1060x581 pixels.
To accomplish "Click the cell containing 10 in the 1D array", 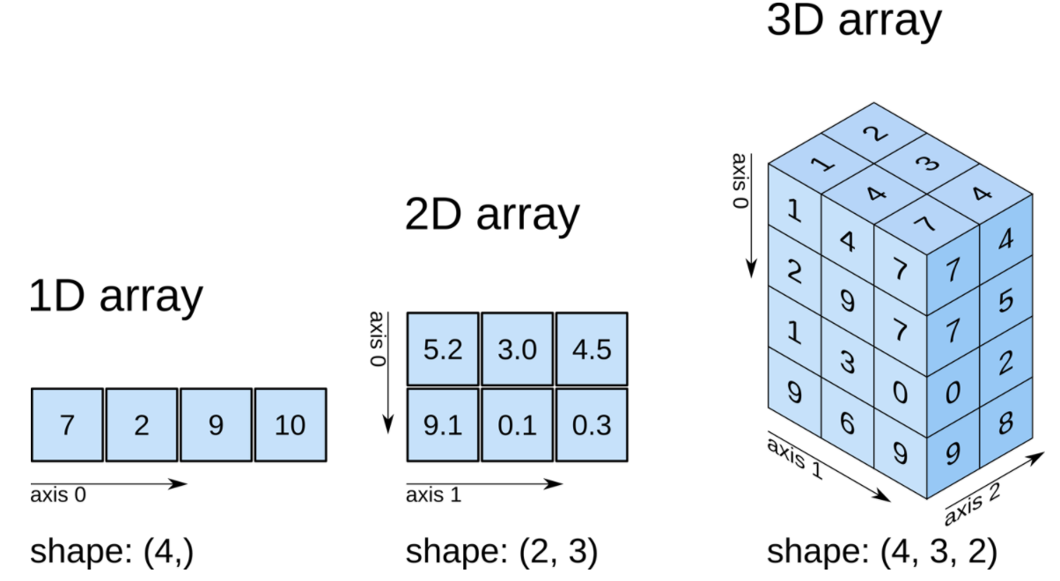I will (291, 425).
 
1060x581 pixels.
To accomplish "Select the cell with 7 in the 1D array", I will (67, 425).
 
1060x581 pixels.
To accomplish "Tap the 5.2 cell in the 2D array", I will (443, 349).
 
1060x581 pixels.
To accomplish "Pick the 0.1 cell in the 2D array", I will (517, 425).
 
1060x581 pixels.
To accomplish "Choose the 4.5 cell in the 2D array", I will (591, 349).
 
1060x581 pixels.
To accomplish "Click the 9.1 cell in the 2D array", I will (443, 425).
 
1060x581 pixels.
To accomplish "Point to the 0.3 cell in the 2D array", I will (591, 425).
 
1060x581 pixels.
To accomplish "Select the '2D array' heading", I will (492, 214).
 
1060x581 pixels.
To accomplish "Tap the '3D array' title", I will (853, 21).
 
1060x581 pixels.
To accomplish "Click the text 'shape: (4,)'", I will (112, 552).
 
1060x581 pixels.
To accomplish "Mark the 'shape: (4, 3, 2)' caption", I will (882, 552).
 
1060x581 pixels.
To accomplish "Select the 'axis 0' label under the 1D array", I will (58, 495).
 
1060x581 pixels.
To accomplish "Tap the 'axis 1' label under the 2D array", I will (433, 495).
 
